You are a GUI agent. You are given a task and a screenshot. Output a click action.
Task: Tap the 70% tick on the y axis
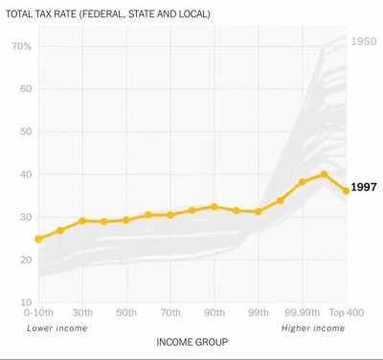coord(22,46)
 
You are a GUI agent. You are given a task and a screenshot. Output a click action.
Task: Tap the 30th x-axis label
coord(82,313)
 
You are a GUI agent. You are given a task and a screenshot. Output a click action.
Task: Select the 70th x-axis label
coord(170,313)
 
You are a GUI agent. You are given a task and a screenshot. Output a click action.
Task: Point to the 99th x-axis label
coord(259,313)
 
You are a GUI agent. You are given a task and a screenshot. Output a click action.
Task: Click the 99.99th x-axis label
coord(302,313)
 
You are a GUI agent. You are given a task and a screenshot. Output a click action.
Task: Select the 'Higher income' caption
coord(312,328)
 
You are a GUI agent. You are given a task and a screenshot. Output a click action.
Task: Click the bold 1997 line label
coord(365,188)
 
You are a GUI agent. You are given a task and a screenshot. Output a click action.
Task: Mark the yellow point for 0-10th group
coord(38,238)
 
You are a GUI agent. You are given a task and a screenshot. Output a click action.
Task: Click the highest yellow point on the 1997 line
coord(325,174)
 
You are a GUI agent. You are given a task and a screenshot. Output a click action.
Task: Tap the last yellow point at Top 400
coord(346,191)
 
